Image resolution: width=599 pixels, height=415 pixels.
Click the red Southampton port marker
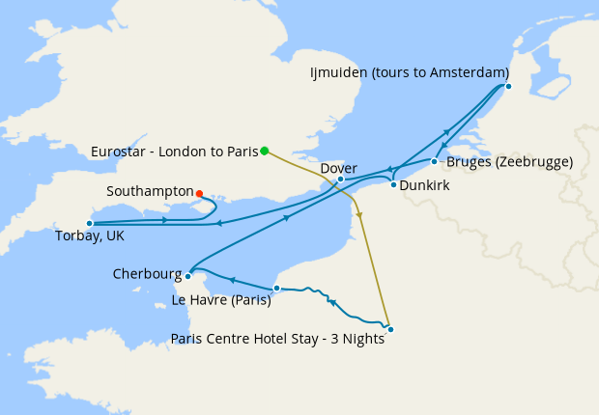click(x=199, y=193)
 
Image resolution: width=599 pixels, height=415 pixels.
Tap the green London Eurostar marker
click(x=264, y=151)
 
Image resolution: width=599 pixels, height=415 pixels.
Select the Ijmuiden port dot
click(x=508, y=87)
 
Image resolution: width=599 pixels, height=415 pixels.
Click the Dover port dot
click(x=341, y=180)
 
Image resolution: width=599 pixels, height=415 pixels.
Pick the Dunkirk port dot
click(x=393, y=184)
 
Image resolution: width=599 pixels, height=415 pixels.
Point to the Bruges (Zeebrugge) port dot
click(x=434, y=161)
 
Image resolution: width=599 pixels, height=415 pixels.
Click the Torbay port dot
click(x=90, y=224)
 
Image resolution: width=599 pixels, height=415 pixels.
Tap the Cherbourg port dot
click(x=188, y=275)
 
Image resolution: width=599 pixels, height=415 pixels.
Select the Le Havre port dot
click(x=277, y=288)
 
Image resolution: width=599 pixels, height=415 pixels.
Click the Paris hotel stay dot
click(x=390, y=329)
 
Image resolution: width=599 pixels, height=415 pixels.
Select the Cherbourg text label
click(x=146, y=274)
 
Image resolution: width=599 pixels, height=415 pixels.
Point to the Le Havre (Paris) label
click(x=220, y=300)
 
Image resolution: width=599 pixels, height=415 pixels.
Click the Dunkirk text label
click(x=424, y=183)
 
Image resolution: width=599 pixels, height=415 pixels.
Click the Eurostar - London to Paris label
click(x=174, y=151)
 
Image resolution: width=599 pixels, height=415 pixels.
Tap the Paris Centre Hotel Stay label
click(x=277, y=338)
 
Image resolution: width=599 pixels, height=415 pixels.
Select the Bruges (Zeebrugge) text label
click(x=508, y=161)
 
